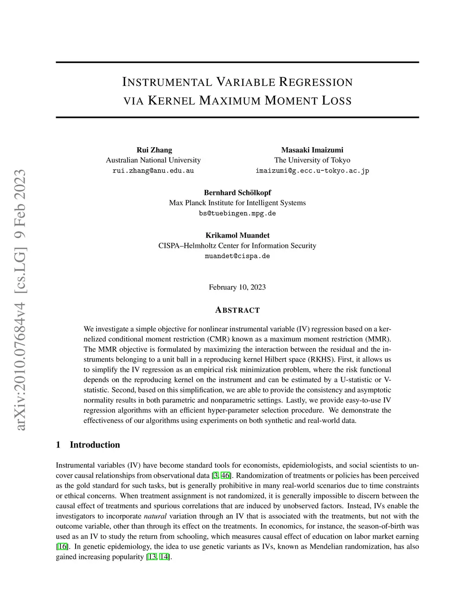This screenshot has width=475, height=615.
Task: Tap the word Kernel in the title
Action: click(x=171, y=101)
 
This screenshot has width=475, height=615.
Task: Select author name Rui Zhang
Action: click(x=154, y=150)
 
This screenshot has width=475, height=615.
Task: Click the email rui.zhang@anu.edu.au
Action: click(x=153, y=171)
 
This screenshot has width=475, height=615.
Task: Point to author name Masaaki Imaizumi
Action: click(x=312, y=150)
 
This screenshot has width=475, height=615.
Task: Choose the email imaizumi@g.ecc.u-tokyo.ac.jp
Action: click(x=312, y=171)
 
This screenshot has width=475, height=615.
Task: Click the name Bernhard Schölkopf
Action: click(x=237, y=193)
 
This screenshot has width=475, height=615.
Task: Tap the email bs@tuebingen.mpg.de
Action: click(x=237, y=214)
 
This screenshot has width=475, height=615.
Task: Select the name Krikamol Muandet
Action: click(x=237, y=235)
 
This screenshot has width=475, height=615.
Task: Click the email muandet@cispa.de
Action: click(x=237, y=256)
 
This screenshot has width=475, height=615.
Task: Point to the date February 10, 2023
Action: click(x=237, y=287)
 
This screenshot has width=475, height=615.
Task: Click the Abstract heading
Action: click(x=237, y=310)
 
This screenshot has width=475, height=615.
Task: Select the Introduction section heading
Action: click(x=95, y=445)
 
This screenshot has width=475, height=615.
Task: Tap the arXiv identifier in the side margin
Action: click(x=20, y=299)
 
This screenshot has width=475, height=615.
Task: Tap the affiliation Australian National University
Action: click(x=153, y=160)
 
